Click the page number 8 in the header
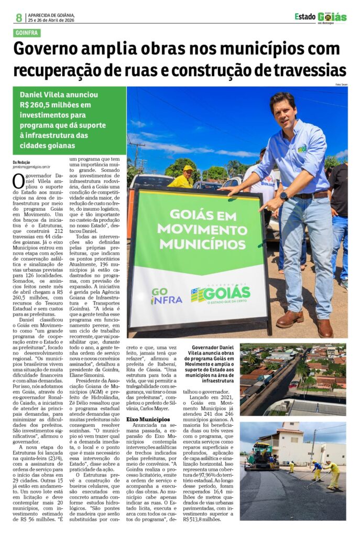pos(19,18)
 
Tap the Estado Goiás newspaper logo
pos(320,17)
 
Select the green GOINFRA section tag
pos(27,33)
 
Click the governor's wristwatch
pos(283,196)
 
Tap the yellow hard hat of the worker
pos(188,168)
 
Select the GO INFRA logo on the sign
pos(166,296)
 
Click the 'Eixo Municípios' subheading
pos(148,420)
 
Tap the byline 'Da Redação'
pos(22,162)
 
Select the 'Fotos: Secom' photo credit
pos(341,84)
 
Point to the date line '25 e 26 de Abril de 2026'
pos(51,20)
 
